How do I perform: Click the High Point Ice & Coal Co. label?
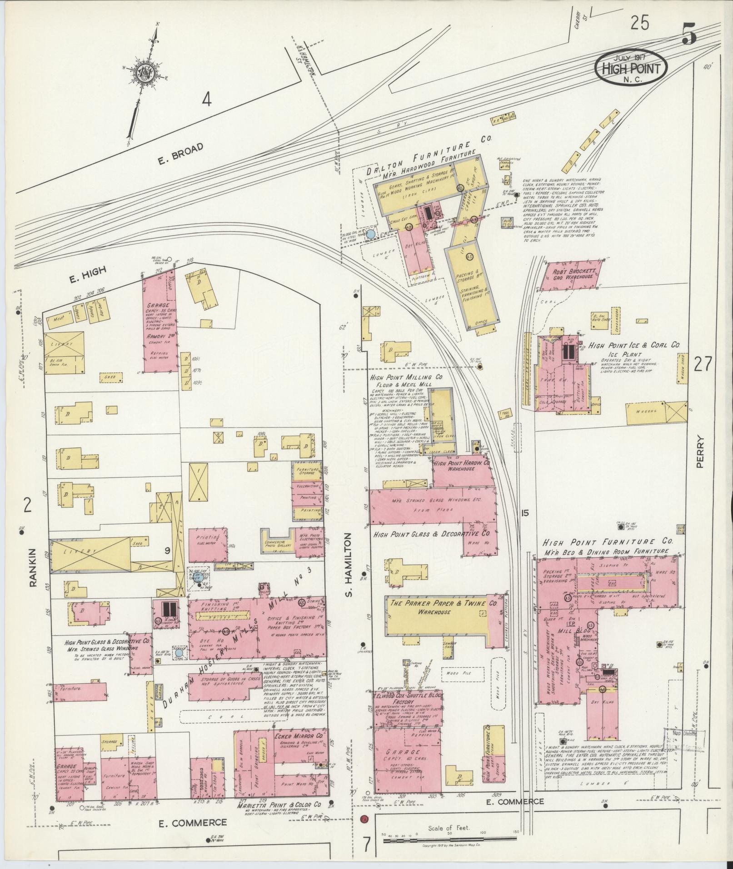(634, 346)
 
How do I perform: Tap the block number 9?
(167, 551)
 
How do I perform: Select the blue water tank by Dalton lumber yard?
(371, 234)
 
